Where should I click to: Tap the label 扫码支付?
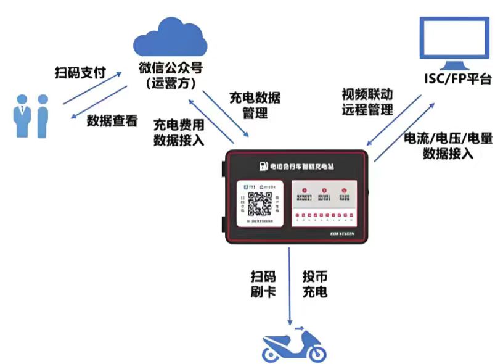click(81, 74)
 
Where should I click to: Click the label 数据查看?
click(112, 121)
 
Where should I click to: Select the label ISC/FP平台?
click(457, 79)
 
